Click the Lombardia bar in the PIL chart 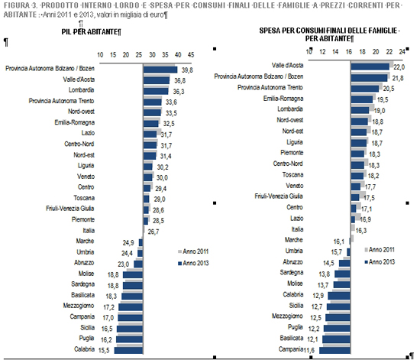pos(156,91)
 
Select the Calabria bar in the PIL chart pos(128,350)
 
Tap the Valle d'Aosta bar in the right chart pos(370,66)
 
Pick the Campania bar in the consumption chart pos(334,350)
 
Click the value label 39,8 pos(187,70)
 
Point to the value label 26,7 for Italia pos(153,232)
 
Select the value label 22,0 pos(399,67)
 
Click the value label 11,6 pos(309,350)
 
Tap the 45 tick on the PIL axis pos(191,55)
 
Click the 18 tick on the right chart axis pos(362,52)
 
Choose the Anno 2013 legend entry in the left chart pos(193,263)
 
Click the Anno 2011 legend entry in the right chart pos(380,250)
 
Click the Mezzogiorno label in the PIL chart pos(79,306)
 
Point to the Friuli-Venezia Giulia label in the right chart pos(279,196)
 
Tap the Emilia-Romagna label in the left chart pos(75,122)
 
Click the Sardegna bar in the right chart pos(342,274)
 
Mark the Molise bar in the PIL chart pos(133,274)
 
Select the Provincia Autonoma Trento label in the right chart pos(270,87)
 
